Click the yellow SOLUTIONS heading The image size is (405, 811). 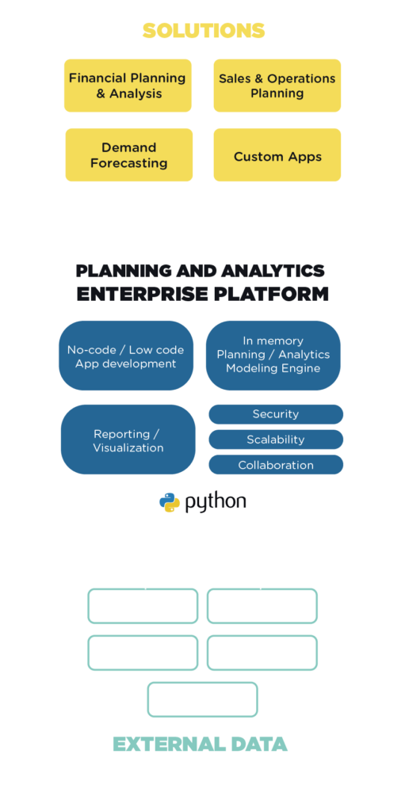tap(204, 31)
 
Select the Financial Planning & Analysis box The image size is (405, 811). tap(128, 86)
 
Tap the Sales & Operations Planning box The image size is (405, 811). tap(277, 86)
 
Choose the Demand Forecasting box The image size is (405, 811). tap(129, 154)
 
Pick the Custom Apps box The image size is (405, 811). tap(277, 154)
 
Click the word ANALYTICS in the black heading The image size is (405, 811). tap(273, 271)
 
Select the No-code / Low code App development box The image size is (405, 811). tap(126, 356)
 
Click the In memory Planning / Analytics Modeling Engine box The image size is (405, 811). tap(273, 356)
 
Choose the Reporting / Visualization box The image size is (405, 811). tap(128, 439)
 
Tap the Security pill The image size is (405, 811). tap(276, 414)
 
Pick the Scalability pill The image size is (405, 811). tap(276, 440)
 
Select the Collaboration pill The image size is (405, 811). tap(276, 464)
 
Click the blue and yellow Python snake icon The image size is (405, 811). tap(170, 502)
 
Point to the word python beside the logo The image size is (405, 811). tap(216, 502)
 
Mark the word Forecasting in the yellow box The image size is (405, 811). tap(129, 163)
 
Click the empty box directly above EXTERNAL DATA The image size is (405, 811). tap(203, 683)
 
